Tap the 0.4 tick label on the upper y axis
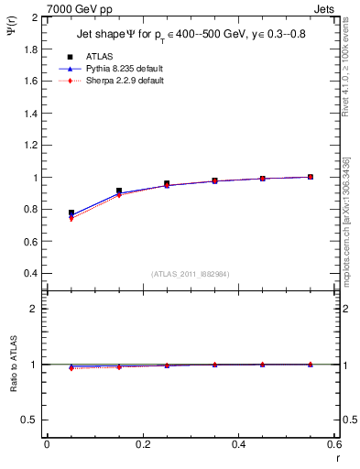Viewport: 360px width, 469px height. (31, 274)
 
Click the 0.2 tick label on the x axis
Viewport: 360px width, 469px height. (142, 443)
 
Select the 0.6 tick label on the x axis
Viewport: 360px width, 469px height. (334, 443)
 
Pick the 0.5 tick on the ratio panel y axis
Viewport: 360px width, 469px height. (31, 420)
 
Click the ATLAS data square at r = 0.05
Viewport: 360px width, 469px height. (71, 213)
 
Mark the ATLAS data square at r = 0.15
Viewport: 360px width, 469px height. (119, 191)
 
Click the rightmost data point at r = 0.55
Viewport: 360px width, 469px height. (311, 177)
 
